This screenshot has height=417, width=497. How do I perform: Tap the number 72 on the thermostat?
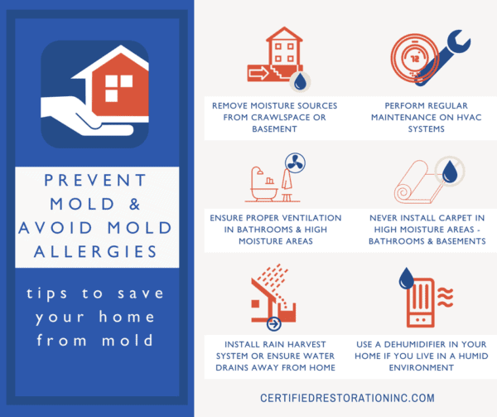click(415, 59)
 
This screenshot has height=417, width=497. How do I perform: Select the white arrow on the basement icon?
click(258, 73)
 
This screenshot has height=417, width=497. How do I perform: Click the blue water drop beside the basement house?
click(300, 81)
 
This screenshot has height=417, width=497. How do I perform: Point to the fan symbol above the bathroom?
click(295, 163)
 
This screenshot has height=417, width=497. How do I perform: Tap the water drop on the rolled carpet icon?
click(449, 172)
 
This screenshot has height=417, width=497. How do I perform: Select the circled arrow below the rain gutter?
click(274, 324)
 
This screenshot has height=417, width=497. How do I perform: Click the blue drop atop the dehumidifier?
click(407, 278)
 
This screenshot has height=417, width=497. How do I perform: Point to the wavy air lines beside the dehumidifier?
click(446, 297)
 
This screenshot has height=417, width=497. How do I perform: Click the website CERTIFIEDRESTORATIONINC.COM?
click(347, 398)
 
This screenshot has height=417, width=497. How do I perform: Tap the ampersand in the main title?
click(135, 204)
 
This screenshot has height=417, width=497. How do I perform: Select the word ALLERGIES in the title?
click(95, 252)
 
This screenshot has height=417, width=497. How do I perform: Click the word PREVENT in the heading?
click(95, 180)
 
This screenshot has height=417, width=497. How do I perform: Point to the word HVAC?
click(469, 118)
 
